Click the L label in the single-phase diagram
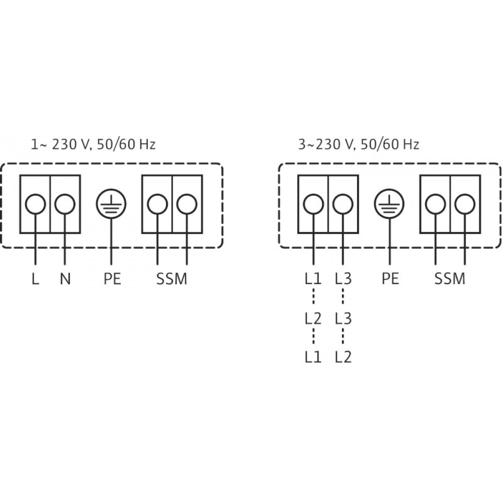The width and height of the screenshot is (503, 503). pos(35,279)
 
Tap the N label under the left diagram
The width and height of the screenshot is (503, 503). pos(65,279)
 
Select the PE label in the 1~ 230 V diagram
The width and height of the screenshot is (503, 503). pos(112,279)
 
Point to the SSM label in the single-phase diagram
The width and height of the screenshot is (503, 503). pos(172,279)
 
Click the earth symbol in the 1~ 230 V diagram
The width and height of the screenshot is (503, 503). pos(111,204)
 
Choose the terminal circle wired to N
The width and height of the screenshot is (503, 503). pos(65,204)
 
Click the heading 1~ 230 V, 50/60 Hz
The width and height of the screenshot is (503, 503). pos(93,145)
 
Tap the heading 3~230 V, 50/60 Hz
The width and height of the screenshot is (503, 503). pos(359,145)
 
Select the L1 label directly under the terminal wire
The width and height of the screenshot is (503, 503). pos(312,279)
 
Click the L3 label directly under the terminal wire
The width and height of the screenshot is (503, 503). pos(343,279)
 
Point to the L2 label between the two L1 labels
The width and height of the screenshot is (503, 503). pos(312,318)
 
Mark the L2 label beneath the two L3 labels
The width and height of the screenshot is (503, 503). pos(343,357)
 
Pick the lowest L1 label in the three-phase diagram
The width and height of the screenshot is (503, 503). pos(312,357)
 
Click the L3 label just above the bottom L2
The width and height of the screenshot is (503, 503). pos(343,318)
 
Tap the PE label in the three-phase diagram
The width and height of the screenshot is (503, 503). pos(389,279)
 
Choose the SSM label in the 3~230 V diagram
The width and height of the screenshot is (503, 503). pos(450,279)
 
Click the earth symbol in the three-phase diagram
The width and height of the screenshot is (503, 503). pos(389,204)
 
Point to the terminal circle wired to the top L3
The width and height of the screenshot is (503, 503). pos(343,204)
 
